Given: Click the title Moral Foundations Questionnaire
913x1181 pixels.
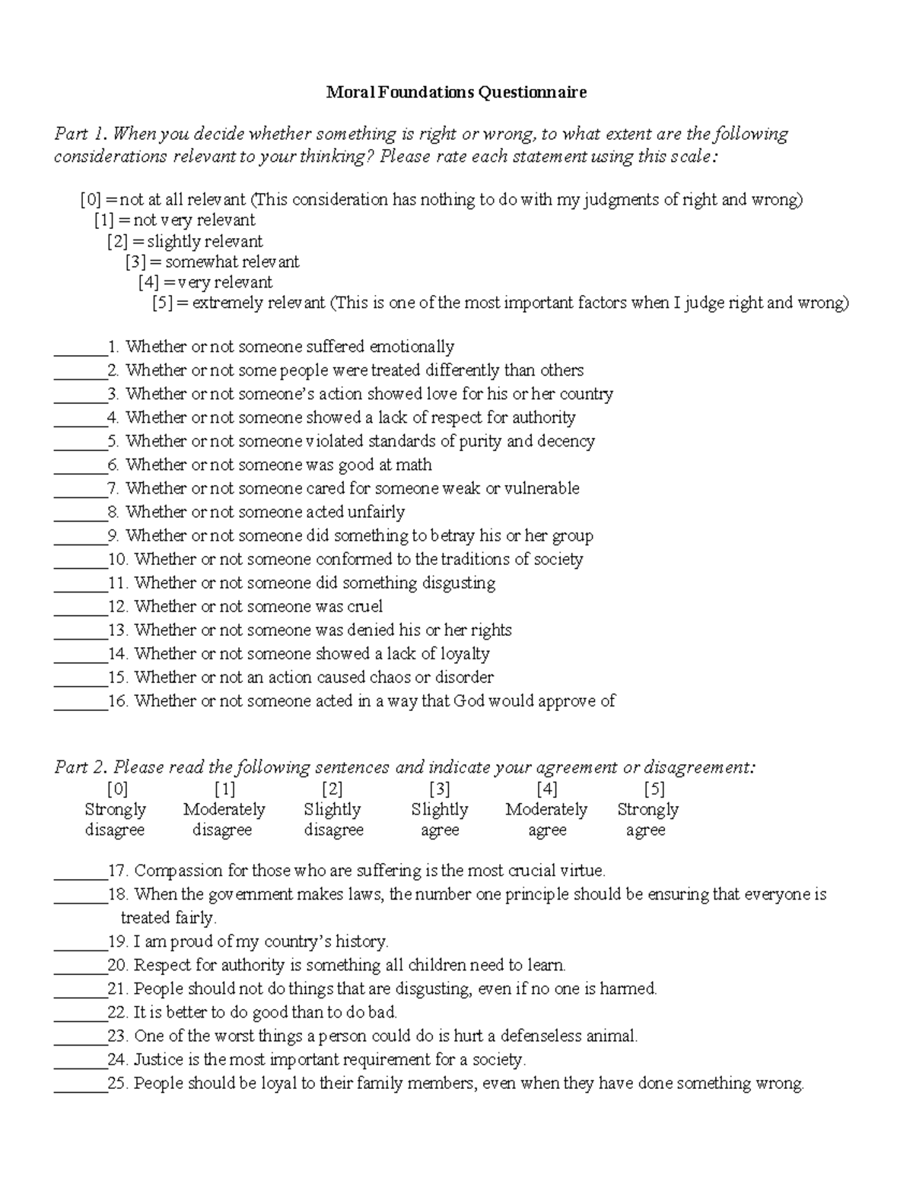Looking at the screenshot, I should tap(456, 93).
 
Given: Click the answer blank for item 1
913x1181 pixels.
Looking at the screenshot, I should tap(80, 351).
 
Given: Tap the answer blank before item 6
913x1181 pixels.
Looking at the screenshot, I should tap(80, 469).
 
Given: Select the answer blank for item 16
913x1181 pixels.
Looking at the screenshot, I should tap(80, 706).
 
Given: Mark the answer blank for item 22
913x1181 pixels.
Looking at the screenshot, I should tap(80, 1017).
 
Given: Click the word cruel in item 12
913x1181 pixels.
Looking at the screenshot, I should tap(364, 607).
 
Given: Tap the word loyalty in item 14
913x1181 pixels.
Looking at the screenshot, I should tap(465, 654).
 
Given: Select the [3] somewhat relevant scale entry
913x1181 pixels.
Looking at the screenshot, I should tap(212, 262).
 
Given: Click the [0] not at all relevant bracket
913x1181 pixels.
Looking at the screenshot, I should tap(91, 200).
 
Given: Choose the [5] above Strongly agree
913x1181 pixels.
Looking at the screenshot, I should tap(654, 789).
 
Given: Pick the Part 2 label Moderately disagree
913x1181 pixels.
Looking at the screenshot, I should tap(224, 820).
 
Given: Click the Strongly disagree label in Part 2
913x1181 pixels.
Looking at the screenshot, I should tap(116, 820).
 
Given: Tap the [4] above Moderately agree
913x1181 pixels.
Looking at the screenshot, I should tap(546, 789).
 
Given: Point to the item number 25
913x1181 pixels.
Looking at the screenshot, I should tap(118, 1084).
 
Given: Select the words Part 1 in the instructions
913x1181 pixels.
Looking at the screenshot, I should tap(80, 135).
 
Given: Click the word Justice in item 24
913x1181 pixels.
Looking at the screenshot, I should tap(159, 1060).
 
